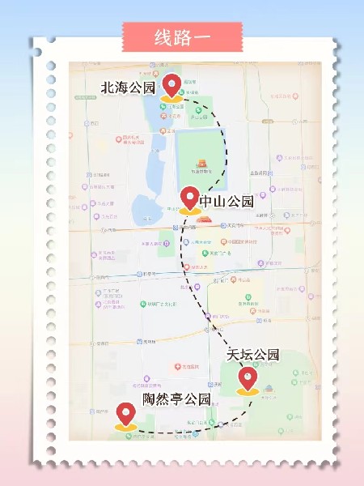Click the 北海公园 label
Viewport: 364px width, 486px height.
(128, 87)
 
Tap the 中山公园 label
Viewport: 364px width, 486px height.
(227, 201)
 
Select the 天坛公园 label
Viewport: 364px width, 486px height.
(252, 355)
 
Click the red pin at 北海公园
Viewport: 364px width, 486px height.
(171, 85)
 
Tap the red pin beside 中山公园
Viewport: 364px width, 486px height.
(189, 198)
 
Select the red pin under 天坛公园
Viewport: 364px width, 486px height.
(248, 379)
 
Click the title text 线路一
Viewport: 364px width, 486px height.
(181, 36)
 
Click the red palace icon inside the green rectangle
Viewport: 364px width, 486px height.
(201, 165)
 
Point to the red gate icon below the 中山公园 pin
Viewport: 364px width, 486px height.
(201, 218)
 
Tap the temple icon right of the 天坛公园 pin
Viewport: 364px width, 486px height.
(270, 392)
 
